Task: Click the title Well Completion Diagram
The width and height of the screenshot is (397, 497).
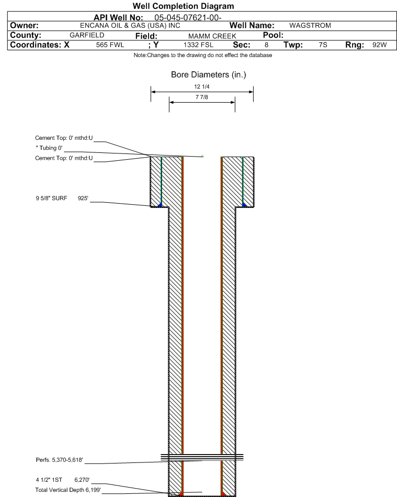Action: pos(183,6)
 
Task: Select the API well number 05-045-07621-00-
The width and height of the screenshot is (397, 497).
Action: pos(188,17)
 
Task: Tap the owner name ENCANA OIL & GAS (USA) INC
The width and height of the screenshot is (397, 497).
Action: pos(130,26)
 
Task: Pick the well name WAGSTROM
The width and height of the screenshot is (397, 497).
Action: pos(310,25)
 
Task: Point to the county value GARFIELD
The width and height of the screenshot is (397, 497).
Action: pos(87,35)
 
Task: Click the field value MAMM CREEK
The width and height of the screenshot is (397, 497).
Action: pos(212,36)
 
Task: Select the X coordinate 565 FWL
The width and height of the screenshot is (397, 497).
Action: pos(110,45)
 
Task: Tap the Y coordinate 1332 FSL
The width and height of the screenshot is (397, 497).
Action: pos(199,45)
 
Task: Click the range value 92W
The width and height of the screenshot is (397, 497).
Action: pos(380,45)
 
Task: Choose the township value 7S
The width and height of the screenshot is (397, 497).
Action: pos(323,45)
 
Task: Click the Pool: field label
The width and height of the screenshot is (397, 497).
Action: pos(273,35)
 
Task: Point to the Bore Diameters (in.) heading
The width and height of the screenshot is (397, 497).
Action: pos(208,75)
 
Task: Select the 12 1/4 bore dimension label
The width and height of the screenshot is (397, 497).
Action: pos(202,86)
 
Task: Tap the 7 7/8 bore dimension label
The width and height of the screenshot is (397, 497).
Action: pos(202,97)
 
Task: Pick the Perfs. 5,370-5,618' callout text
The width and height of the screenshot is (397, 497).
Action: pos(59,460)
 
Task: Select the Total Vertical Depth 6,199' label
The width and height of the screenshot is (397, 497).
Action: pos(68,490)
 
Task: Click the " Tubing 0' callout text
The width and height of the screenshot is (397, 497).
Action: pos(49,148)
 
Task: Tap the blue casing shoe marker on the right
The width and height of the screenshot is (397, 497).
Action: pos(244,205)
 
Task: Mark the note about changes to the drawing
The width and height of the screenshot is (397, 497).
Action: pos(202,55)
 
